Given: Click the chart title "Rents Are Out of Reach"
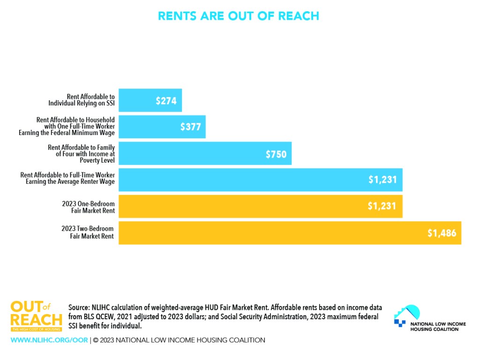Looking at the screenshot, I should (x=239, y=16).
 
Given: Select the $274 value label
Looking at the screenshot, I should (x=166, y=100).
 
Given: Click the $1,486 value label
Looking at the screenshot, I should (x=442, y=233).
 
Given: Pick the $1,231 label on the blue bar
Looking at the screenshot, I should (x=382, y=180).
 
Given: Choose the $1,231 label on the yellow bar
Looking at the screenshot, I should (x=382, y=206).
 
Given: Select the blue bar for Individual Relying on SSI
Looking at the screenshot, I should (x=141, y=100).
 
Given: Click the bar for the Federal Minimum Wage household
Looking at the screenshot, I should (x=150, y=127).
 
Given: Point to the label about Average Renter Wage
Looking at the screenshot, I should (x=67, y=178).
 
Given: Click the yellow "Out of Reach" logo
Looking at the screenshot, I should (x=36, y=316).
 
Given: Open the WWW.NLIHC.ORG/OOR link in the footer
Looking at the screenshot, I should (x=49, y=340).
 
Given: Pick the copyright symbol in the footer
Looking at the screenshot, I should (x=95, y=340).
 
